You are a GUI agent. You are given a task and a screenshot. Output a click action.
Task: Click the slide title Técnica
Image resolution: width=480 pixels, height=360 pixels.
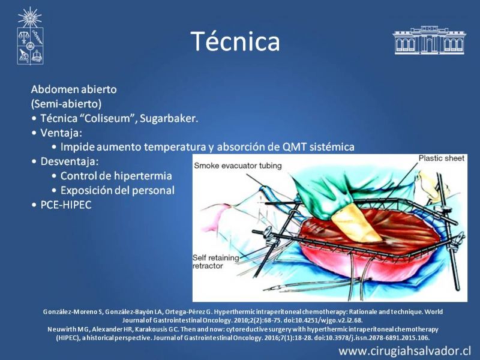coord(235,41)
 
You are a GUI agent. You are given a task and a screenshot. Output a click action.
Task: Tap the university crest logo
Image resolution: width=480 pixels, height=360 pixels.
coord(30,36)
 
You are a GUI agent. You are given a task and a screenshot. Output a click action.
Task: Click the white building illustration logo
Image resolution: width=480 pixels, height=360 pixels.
coord(429,40)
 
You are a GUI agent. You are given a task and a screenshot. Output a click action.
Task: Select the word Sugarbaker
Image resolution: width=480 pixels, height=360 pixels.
coord(169,118)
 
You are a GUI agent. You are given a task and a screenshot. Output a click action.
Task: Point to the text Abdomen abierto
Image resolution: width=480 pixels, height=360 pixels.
coord(74,89)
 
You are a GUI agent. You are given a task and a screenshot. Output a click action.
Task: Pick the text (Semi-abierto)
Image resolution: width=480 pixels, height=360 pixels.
coord(66,104)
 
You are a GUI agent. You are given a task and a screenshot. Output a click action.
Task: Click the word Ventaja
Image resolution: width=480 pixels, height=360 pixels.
coord(61,133)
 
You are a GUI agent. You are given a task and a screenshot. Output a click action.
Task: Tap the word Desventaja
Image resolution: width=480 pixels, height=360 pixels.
coord(70,161)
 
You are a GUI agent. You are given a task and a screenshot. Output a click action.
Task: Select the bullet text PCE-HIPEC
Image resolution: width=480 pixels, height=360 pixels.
coord(66,205)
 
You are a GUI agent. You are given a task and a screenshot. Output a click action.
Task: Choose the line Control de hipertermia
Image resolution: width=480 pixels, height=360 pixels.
coord(116,176)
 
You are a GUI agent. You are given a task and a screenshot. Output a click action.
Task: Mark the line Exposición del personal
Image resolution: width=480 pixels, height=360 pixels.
coord(117,190)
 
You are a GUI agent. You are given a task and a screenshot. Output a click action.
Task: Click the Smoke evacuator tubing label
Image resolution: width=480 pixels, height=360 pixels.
coord(238,166)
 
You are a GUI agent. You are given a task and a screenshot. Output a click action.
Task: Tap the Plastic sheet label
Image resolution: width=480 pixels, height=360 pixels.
coord(442,158)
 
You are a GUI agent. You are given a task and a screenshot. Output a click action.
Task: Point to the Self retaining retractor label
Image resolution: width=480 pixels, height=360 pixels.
coord(216,262)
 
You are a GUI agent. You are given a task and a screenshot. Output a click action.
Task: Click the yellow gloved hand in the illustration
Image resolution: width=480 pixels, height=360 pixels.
coord(355,222)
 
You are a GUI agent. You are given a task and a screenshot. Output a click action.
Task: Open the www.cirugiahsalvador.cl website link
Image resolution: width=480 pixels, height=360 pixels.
coord(404,350)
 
